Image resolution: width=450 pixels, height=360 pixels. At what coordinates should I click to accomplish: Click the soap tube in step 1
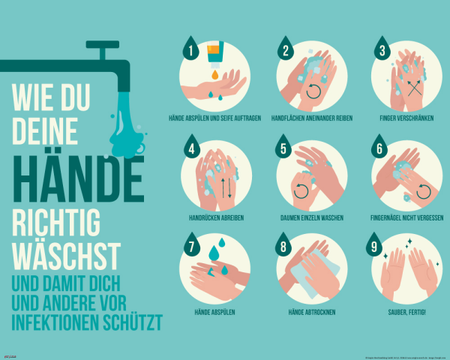(214, 54)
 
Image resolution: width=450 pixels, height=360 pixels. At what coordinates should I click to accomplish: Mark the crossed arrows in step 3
(413, 87)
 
